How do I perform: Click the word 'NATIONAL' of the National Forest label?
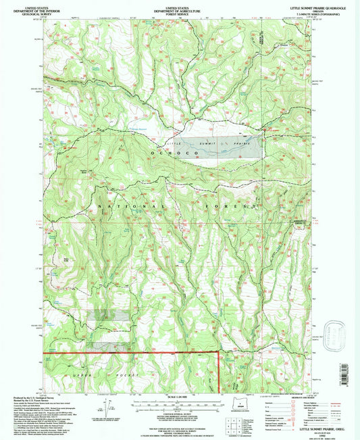click(x=132, y=207)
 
